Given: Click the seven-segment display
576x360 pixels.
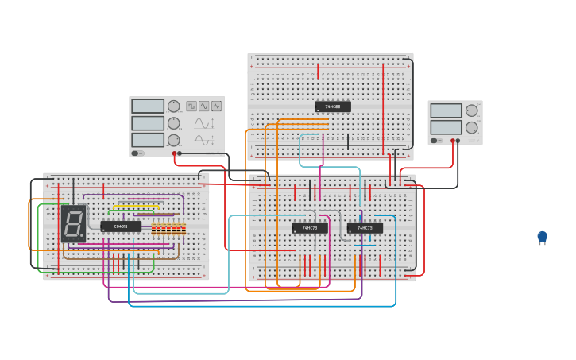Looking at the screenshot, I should coord(73,223).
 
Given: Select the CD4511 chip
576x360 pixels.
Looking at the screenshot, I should coord(121,226).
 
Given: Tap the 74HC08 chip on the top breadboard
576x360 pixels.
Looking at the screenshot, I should coord(332,106).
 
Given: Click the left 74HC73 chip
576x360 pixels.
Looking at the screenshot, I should coord(309,228).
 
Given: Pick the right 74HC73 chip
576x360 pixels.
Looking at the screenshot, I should coord(365,228).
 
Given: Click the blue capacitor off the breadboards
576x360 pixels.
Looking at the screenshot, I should coord(542,237).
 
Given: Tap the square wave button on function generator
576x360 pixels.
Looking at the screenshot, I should coord(191,106).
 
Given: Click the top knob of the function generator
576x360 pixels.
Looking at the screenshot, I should coord(173,106).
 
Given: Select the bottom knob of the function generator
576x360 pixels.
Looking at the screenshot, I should coord(173,140).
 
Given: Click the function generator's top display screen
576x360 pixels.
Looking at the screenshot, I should coord(148,106).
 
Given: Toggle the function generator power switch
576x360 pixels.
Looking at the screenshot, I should coord(136,153).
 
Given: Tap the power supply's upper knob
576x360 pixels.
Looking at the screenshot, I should coord(471,110).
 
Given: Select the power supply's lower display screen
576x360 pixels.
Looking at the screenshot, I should coord(446,127).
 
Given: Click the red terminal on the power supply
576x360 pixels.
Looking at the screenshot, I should coord(453,141).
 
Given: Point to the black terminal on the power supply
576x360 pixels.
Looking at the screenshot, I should coord(458,141).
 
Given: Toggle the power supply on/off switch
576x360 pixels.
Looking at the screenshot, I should coord(435,141).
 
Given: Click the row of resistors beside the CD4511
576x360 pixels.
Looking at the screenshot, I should coord(168,229).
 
